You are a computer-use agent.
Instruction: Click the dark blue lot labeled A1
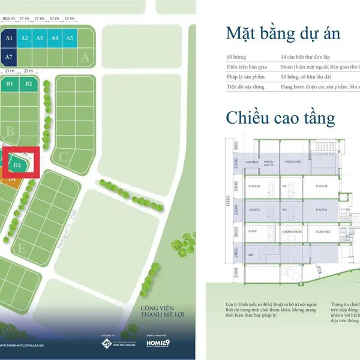tap(9, 37)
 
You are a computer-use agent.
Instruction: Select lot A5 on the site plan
tap(70, 37)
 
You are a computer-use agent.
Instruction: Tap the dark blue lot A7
tap(9, 56)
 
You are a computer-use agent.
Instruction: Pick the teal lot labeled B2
tap(29, 83)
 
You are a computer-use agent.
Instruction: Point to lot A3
tap(40, 37)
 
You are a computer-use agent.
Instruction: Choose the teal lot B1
tap(10, 83)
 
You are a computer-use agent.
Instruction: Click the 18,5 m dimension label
tap(9, 19)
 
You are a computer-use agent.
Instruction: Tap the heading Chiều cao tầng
tap(280, 117)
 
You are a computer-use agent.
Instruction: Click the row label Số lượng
tap(236, 57)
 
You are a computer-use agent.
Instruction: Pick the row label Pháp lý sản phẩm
tap(245, 77)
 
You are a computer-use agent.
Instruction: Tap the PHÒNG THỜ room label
tap(293, 162)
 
